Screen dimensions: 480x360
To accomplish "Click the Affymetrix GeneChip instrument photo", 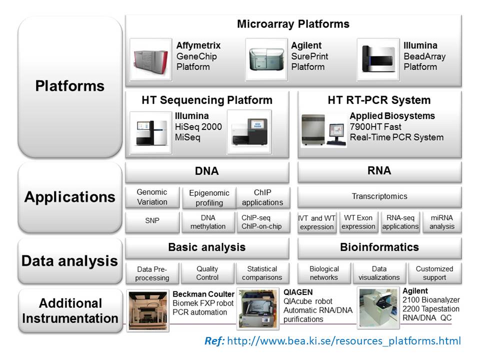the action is (x=150, y=59).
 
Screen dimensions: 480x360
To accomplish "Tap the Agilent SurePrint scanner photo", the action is (x=266, y=59).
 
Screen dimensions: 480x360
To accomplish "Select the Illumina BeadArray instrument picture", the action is (x=378, y=59).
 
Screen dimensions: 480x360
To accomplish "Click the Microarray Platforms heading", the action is (x=293, y=24).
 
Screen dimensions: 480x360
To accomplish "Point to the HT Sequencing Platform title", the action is (x=207, y=100).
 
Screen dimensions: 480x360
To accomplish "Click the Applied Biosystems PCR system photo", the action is (x=323, y=130).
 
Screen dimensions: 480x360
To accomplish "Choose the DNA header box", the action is (x=207, y=171).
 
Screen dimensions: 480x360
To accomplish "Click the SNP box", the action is (x=152, y=221).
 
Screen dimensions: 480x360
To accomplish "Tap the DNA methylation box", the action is (x=208, y=222).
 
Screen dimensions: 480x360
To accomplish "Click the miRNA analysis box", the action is (x=441, y=222).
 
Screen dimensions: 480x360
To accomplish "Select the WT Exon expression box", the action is (x=358, y=222).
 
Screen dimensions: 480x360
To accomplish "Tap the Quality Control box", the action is (x=207, y=273).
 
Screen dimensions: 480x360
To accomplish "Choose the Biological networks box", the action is (x=324, y=273).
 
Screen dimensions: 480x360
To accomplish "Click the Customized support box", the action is (x=434, y=273).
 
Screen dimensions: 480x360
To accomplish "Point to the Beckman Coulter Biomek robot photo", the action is (x=148, y=310).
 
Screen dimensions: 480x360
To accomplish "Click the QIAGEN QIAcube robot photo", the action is (x=258, y=308).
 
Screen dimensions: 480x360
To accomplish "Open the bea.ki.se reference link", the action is (x=344, y=340).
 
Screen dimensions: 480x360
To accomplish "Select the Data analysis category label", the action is (x=70, y=261).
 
